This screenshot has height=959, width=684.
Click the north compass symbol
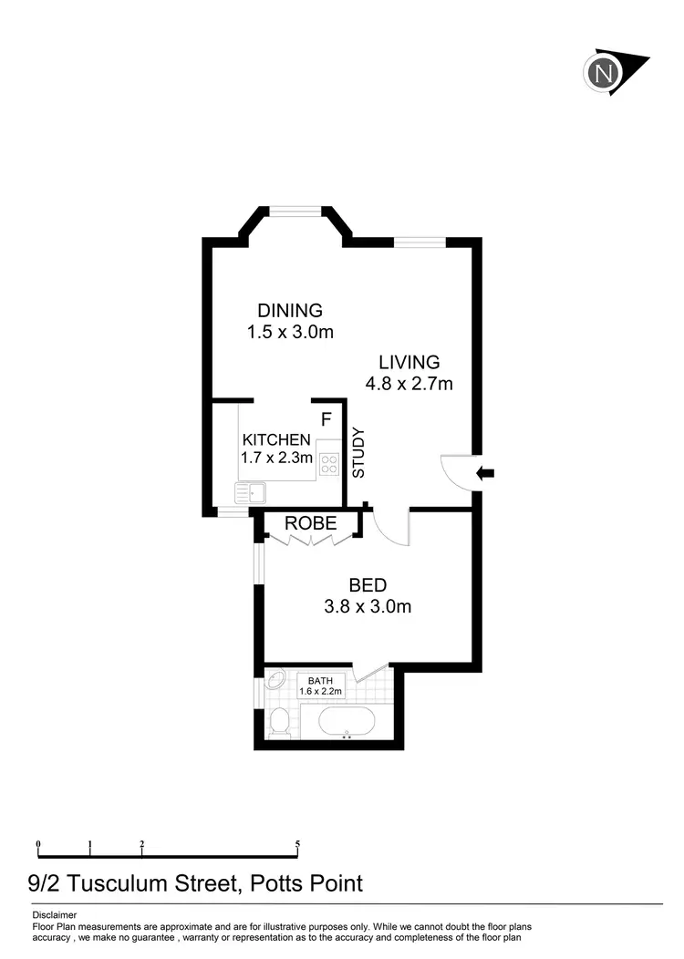[x=604, y=72]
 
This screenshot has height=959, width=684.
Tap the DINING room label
[x=289, y=311]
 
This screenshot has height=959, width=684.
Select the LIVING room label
[x=409, y=363]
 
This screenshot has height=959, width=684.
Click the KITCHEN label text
[x=276, y=439]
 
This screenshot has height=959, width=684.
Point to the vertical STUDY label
[x=358, y=453]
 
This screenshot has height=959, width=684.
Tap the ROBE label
[x=311, y=523]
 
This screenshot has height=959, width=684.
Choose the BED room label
[x=368, y=585]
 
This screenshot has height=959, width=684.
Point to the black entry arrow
[x=487, y=472]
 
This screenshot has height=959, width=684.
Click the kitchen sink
[x=249, y=493]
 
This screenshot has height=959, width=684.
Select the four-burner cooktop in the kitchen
[x=328, y=463]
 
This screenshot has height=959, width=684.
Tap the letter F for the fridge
[x=326, y=419]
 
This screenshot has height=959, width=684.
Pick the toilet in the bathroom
[x=280, y=724]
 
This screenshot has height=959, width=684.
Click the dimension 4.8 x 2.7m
[x=409, y=384]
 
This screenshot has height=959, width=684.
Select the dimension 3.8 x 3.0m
[x=368, y=606]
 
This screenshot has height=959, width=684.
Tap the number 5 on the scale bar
[x=298, y=844]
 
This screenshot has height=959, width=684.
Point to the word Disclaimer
[x=55, y=914]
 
